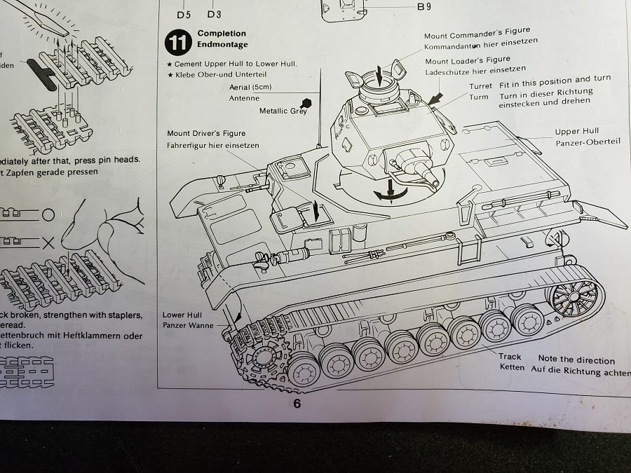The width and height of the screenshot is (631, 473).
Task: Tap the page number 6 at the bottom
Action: [297, 404]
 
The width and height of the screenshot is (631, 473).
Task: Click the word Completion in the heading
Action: [222, 33]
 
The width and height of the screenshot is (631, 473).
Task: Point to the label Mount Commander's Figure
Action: [477, 34]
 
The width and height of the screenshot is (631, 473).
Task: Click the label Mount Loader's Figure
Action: [468, 60]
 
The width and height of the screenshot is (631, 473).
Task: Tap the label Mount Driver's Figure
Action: [206, 133]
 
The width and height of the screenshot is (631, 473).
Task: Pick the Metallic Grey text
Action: [283, 111]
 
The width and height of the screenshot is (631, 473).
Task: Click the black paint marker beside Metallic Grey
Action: [305, 102]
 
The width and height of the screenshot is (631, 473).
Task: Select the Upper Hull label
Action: [576, 132]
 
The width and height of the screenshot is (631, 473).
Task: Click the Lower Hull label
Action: [182, 315]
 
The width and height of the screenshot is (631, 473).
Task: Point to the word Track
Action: [510, 357]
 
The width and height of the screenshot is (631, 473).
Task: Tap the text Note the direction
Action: [576, 360]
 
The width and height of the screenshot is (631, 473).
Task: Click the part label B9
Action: [424, 7]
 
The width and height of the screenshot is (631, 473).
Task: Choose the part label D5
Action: [184, 13]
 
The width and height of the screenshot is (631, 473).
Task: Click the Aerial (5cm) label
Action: [250, 87]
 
